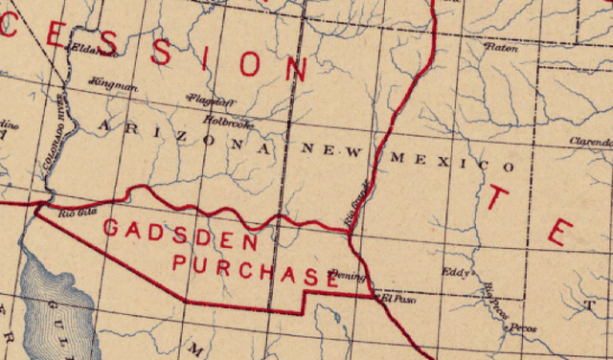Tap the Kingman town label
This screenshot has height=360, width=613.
[113, 85]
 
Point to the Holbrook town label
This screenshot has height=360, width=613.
[228, 122]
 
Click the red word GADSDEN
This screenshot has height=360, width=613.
[180, 234]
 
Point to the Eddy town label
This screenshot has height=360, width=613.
[454, 271]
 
